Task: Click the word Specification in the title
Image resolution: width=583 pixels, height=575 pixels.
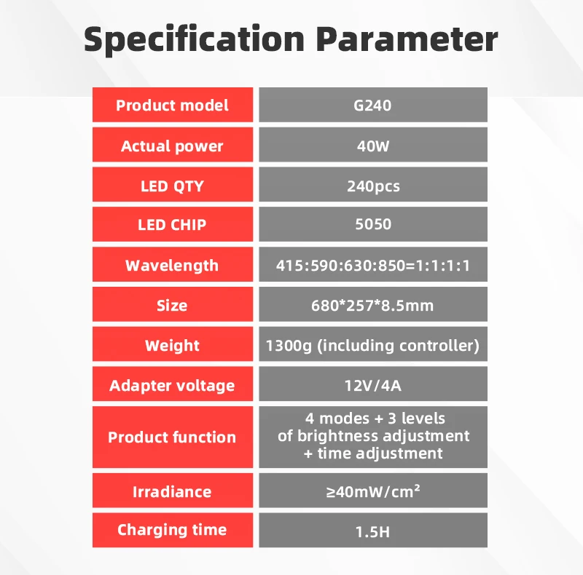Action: click(194, 39)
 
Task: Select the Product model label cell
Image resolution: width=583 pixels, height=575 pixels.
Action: click(172, 106)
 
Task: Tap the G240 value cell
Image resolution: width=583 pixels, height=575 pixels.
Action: click(372, 106)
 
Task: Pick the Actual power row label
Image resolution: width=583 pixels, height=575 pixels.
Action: click(172, 146)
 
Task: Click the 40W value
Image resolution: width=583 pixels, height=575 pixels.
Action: click(372, 146)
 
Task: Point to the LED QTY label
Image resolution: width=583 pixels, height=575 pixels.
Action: click(172, 186)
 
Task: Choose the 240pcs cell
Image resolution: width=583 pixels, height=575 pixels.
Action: click(372, 186)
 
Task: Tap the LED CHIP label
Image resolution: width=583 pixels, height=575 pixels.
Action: click(172, 225)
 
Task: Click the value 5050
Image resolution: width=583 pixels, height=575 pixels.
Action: click(372, 225)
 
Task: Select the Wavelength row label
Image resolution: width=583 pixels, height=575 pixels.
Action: click(172, 265)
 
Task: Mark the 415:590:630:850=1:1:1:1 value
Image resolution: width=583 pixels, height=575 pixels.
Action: click(372, 265)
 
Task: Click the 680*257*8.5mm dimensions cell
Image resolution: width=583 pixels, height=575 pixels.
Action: click(372, 305)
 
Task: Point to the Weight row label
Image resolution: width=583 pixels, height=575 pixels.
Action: click(172, 345)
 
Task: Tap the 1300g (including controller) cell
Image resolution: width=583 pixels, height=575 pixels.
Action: click(372, 345)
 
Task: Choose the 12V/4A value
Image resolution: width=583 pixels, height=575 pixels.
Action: click(372, 385)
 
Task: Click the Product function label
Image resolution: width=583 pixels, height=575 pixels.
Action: click(172, 437)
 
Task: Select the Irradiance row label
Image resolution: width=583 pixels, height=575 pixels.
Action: click(172, 491)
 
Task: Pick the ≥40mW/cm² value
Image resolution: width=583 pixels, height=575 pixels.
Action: click(372, 491)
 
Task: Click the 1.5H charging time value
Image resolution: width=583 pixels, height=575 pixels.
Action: click(372, 531)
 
